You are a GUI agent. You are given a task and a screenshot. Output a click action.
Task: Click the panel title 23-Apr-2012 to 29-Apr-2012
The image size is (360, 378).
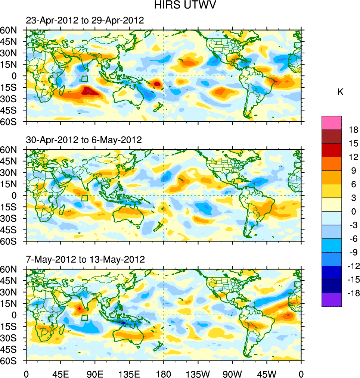point(85,21)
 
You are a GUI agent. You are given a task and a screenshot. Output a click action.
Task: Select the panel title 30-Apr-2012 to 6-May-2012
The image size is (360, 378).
point(84,140)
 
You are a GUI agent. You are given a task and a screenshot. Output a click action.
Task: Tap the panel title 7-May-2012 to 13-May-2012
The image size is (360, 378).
point(85,259)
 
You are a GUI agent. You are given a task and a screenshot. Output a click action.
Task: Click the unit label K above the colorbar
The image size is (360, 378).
point(340,92)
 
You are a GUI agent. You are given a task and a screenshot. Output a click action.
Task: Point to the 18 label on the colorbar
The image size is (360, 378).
point(353,130)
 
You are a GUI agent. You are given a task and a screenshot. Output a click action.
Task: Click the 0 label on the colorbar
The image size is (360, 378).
point(353,212)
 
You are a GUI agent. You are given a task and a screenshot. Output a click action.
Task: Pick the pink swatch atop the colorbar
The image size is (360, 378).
point(331,122)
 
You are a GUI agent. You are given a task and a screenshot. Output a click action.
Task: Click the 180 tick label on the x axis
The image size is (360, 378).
point(164,373)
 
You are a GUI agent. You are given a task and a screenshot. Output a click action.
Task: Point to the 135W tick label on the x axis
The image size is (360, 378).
point(198,373)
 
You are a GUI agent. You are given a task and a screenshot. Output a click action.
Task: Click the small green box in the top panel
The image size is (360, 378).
point(84,79)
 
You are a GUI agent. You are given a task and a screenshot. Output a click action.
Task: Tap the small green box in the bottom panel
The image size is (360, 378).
point(84,318)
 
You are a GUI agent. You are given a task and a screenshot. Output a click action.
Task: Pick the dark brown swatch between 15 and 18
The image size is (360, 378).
point(331,136)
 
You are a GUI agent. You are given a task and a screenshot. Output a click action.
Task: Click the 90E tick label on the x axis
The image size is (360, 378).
point(95,373)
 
